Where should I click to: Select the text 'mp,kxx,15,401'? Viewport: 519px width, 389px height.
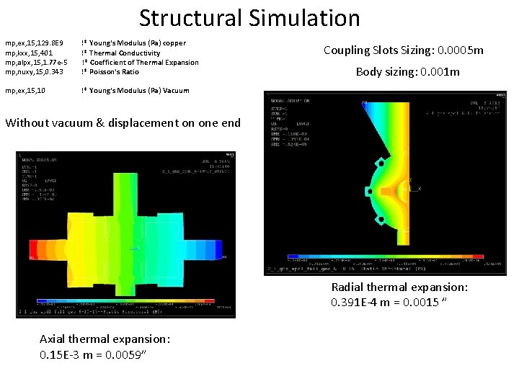[29, 53]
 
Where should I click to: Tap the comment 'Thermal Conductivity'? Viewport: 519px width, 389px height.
[124, 53]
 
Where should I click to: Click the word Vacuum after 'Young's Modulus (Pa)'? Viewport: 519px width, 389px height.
[176, 90]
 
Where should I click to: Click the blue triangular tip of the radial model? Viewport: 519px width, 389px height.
[365, 106]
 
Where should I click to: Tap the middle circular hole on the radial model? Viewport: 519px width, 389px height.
[369, 192]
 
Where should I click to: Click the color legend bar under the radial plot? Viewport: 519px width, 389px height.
[382, 256]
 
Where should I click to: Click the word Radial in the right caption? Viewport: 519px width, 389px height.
[347, 287]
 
